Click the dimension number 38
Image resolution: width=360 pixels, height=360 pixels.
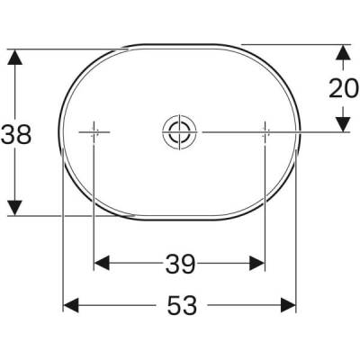point(16,135)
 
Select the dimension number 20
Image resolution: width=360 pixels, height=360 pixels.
point(342,89)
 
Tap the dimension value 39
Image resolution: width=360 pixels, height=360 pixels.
point(180,264)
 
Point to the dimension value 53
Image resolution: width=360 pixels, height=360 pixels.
point(181,306)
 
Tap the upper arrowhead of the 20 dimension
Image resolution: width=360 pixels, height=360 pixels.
point(342,55)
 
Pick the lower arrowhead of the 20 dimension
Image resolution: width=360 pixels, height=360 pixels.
point(342,122)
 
